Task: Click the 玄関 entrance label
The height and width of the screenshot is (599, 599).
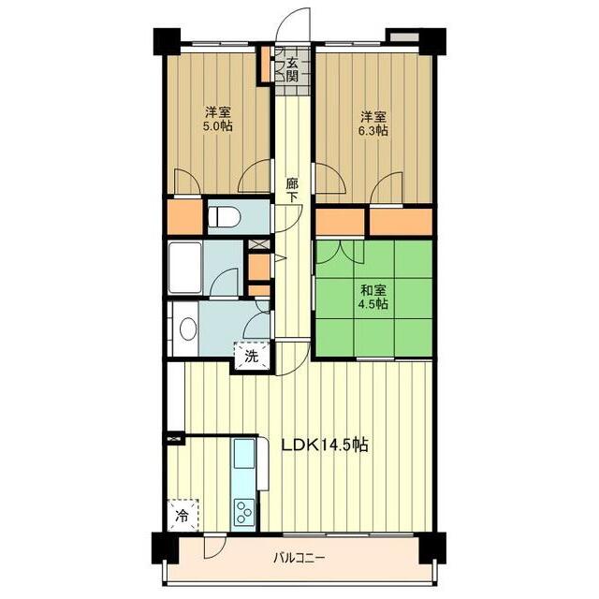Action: (292, 68)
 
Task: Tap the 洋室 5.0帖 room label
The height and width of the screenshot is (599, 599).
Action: (218, 119)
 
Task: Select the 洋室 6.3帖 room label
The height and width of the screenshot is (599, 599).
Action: (374, 124)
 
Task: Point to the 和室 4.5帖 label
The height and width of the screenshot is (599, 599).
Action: (373, 297)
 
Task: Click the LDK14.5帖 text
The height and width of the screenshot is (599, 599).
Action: (325, 445)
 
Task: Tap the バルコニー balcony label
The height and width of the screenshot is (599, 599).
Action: (299, 559)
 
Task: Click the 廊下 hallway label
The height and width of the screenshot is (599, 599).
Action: (293, 190)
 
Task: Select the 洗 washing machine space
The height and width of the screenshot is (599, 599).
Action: (252, 356)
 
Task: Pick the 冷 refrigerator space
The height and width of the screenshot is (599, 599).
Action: (183, 515)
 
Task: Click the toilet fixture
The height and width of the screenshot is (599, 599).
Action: (225, 216)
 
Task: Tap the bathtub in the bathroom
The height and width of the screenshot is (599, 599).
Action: (185, 268)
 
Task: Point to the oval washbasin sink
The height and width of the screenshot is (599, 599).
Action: (188, 329)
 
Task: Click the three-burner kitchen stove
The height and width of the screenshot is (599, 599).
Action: (244, 510)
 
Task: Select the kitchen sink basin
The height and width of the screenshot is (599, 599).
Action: (244, 453)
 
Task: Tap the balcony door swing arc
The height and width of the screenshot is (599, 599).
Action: (214, 546)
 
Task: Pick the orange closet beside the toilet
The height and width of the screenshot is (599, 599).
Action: (185, 216)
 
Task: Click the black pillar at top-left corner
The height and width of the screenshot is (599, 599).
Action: (167, 41)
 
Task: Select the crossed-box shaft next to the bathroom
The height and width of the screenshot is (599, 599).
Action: (258, 243)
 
